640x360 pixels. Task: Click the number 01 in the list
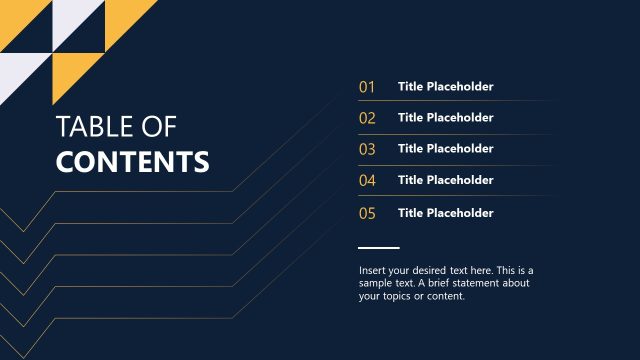[x=367, y=87]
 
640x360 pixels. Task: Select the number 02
[x=367, y=118]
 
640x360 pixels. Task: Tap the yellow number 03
[x=367, y=149]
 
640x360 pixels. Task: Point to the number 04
[x=367, y=181]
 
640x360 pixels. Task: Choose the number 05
[x=367, y=213]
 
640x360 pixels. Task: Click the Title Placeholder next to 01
[x=445, y=87]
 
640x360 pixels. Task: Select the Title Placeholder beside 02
[x=445, y=118]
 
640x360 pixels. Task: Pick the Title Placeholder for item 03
[x=445, y=149]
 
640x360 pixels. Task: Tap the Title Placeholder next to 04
[x=445, y=180]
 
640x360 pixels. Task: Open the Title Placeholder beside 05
[x=445, y=213]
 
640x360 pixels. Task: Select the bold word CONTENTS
[x=133, y=162]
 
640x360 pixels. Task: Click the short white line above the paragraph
[x=378, y=247]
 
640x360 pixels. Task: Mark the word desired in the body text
[x=439, y=271]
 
